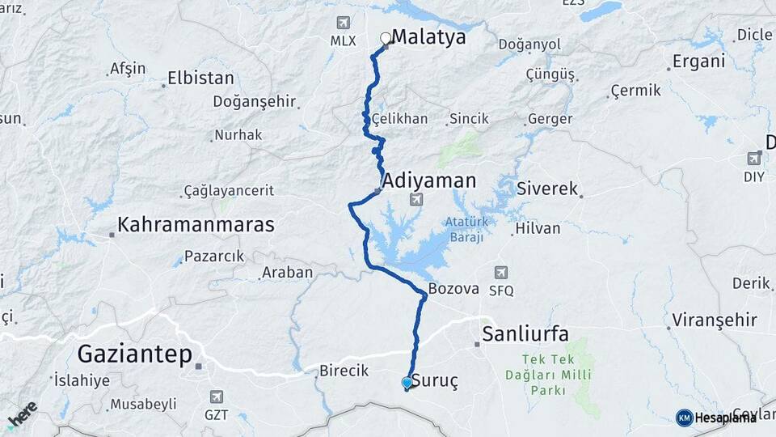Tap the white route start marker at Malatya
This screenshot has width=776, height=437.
point(386,38)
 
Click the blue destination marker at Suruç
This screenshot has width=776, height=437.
point(407,383)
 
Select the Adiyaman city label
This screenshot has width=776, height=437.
point(429,180)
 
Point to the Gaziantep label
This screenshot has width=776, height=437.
point(135,354)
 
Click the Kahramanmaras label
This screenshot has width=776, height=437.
point(196,224)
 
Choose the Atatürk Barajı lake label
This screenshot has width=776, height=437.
point(464,229)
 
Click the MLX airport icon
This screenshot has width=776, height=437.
point(344,23)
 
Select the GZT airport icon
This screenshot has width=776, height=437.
point(217,397)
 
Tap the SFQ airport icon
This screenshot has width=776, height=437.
point(502,273)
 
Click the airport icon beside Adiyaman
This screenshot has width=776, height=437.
point(415,199)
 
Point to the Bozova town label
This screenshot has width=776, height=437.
point(453,288)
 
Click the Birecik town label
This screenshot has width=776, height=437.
point(344,370)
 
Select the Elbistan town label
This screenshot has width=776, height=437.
point(200,78)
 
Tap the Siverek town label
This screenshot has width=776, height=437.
point(549,189)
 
